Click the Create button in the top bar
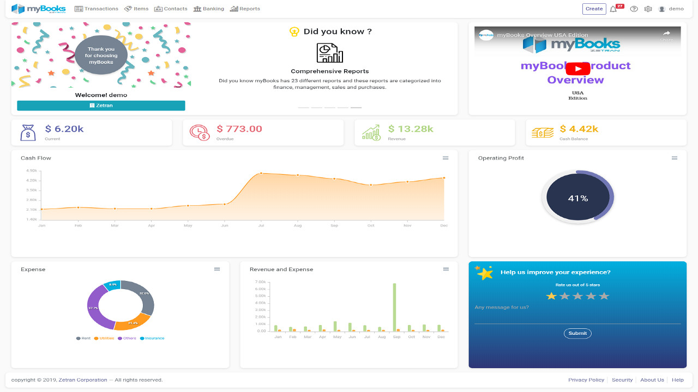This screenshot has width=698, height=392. coord(594,9)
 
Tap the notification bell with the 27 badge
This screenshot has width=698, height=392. coord(613,9)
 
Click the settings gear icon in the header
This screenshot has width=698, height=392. coord(648,9)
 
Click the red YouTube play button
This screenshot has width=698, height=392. coord(577,69)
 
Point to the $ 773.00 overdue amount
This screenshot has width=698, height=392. coord(239,129)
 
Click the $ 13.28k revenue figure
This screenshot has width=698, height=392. coord(411,129)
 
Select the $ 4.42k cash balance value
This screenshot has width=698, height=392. coord(579,129)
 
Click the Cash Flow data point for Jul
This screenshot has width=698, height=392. coord(261,173)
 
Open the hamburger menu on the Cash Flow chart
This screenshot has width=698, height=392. coord(446,158)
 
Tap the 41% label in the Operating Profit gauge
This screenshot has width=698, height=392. coord(577,198)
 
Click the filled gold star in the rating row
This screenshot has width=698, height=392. coord(551,296)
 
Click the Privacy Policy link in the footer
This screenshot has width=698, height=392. coord(586,380)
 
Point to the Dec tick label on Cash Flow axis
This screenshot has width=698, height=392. coord(444,225)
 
